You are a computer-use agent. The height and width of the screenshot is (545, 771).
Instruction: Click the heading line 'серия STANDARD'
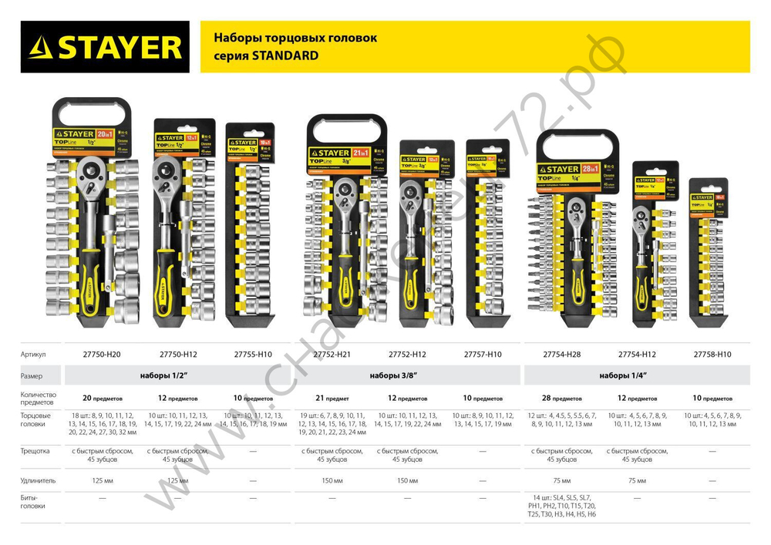coord(265,56)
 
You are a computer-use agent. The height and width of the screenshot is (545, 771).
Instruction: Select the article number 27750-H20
coord(101,355)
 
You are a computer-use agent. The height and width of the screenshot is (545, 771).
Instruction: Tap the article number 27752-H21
coord(332,355)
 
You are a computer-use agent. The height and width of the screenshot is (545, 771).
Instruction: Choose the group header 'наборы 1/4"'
coord(623,375)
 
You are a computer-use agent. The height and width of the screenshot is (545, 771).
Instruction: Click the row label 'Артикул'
coord(34,355)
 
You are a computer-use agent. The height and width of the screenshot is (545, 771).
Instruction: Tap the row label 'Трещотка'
coord(36,451)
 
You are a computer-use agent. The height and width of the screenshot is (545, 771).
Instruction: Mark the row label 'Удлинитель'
coord(38,479)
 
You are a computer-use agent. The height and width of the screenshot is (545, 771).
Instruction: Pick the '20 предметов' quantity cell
coord(101,399)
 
